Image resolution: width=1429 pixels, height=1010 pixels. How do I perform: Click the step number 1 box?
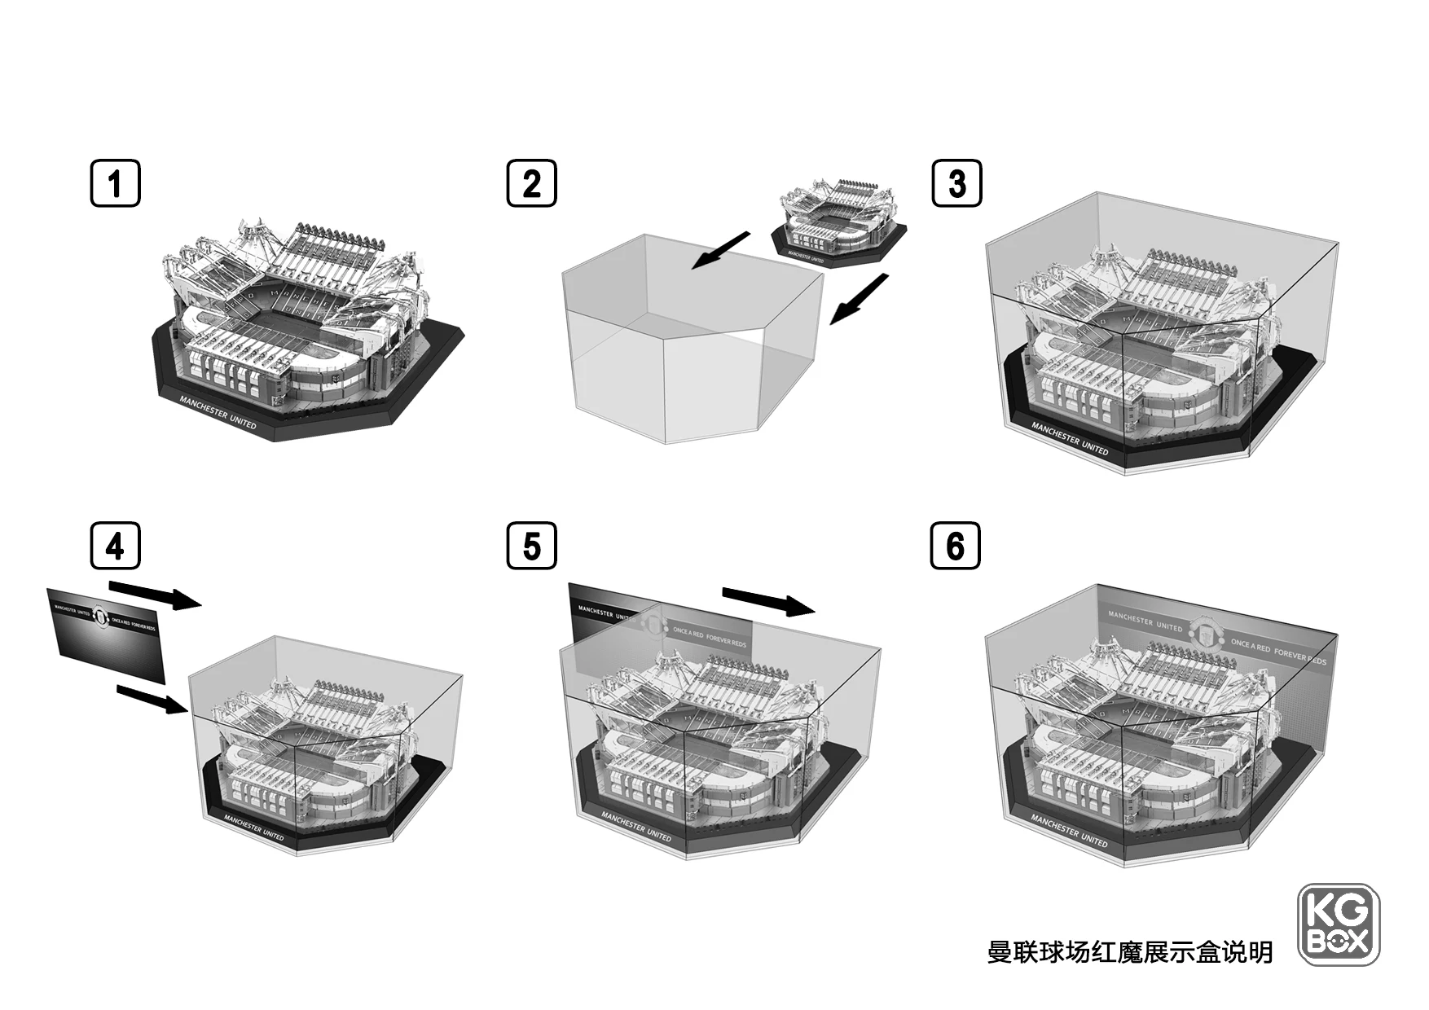[x=114, y=183]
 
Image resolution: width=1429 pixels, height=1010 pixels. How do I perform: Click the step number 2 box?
[x=531, y=183]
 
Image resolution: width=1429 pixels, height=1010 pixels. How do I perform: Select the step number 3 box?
[x=956, y=183]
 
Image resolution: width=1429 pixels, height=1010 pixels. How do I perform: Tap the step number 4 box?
[x=115, y=546]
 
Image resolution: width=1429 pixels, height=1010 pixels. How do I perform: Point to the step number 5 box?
[x=531, y=546]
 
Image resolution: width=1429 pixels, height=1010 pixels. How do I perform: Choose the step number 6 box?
[x=955, y=546]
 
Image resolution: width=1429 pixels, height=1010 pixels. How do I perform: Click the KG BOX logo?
[x=1338, y=924]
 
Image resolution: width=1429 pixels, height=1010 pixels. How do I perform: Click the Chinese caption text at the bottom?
[x=1129, y=951]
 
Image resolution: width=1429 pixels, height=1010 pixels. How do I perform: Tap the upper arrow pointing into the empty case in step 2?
[x=720, y=249]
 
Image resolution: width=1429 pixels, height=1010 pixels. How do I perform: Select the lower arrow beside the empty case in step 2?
[x=859, y=299]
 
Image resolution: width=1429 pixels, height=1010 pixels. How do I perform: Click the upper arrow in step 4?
[x=154, y=595]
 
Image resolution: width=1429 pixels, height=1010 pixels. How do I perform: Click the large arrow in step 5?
[x=768, y=602]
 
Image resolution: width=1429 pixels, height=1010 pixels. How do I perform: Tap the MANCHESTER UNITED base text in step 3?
[x=1069, y=438]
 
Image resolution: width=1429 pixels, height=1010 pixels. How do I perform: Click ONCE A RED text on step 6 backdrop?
[x=1250, y=647]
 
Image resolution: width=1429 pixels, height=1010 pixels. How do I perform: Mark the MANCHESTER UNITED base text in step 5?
[x=636, y=826]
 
